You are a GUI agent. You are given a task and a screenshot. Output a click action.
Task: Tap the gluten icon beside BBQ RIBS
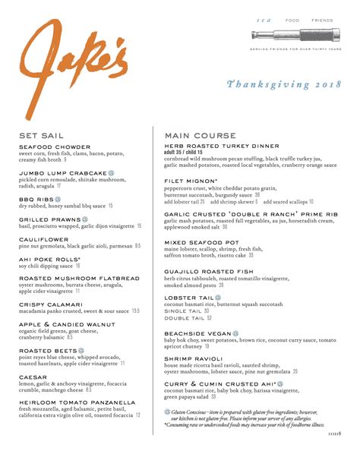tap(56, 199)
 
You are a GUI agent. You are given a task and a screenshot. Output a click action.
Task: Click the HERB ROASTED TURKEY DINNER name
tap(219, 147)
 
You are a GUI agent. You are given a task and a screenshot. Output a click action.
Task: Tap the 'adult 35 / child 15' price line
tap(189, 153)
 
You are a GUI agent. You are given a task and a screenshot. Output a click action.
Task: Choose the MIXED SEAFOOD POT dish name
tap(201, 242)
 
